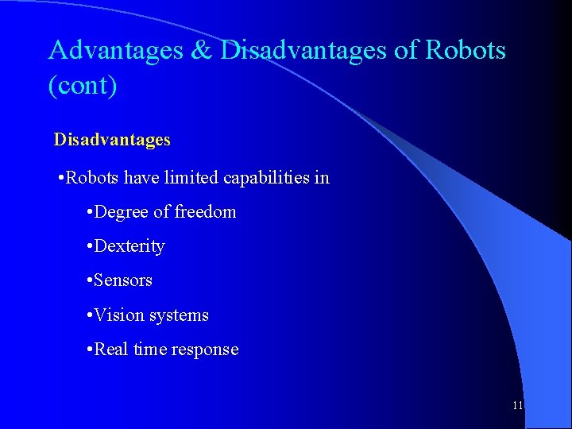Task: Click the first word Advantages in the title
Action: (115, 50)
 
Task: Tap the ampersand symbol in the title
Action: (201, 50)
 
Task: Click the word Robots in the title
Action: (466, 50)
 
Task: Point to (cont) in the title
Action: (83, 85)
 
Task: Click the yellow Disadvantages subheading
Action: (112, 140)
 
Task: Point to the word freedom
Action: (205, 212)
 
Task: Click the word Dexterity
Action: (129, 246)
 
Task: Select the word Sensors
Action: (123, 280)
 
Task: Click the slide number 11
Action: (518, 405)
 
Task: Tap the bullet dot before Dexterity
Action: (89, 246)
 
